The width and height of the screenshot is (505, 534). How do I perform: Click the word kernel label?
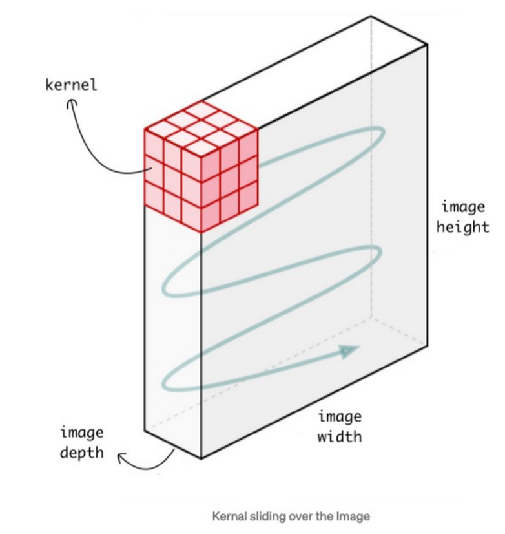click(x=71, y=85)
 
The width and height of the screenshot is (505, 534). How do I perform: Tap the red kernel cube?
click(x=200, y=168)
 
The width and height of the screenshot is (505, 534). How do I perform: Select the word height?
click(x=462, y=227)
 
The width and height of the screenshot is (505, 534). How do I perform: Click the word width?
click(x=340, y=437)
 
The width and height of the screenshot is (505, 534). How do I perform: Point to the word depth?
click(x=82, y=452)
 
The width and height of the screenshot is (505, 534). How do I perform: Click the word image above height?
click(x=462, y=207)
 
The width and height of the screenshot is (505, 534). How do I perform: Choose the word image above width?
click(x=340, y=417)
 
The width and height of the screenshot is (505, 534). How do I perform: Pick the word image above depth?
click(x=82, y=432)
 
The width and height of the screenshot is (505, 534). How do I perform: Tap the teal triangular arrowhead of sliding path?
click(x=349, y=351)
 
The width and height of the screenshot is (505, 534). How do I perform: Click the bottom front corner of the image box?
click(x=201, y=458)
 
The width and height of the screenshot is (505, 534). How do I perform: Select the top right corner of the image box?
click(x=427, y=45)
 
